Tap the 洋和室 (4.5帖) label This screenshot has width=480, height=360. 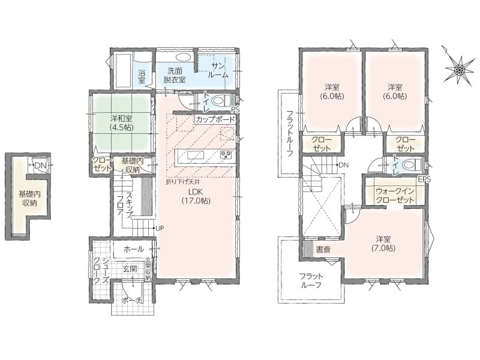click(x=122, y=122)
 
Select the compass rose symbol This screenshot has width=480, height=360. click(x=457, y=69)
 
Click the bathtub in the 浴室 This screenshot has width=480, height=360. click(x=122, y=71)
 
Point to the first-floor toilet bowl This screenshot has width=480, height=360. click(x=220, y=100)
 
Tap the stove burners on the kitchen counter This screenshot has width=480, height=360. click(x=226, y=155)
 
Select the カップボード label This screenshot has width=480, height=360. click(x=215, y=119)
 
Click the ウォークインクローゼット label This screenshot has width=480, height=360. click(x=395, y=196)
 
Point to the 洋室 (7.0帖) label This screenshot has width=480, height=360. click(x=383, y=244)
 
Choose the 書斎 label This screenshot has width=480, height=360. click(x=323, y=250)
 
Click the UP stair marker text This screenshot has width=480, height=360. click(x=160, y=229)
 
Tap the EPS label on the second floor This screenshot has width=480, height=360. click(x=424, y=179)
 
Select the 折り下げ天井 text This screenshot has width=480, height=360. click(x=183, y=182)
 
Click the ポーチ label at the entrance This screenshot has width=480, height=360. click(x=132, y=300)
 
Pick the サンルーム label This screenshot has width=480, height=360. click(x=218, y=70)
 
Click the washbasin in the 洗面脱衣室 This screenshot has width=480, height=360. click(x=183, y=57)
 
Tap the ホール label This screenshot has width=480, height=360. click(x=134, y=249)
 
